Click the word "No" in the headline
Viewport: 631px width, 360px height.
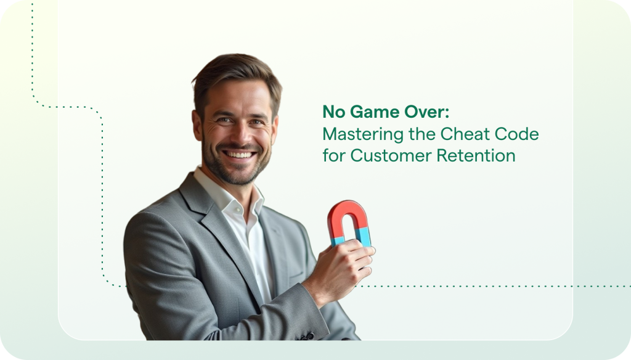coord(333,113)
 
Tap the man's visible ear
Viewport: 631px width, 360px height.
coord(198,124)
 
